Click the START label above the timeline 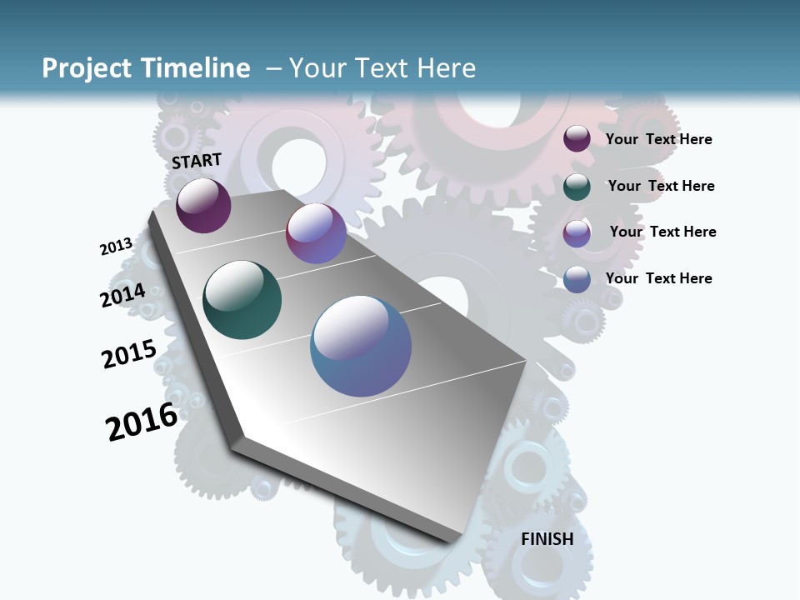[x=197, y=161]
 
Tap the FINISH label [x=547, y=539]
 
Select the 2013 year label [x=117, y=247]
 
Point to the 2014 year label [x=123, y=296]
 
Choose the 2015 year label [x=129, y=354]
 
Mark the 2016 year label [x=142, y=422]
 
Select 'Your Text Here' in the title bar [x=382, y=68]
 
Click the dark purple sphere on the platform [x=203, y=205]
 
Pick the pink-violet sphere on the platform [x=316, y=233]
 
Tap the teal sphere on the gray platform [x=242, y=300]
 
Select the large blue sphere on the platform [x=361, y=346]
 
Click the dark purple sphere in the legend [x=577, y=139]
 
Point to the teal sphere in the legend [x=577, y=187]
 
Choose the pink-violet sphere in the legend [x=577, y=233]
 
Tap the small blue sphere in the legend [x=577, y=279]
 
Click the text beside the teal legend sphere [x=661, y=186]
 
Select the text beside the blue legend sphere [x=658, y=278]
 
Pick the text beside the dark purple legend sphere [x=658, y=139]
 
